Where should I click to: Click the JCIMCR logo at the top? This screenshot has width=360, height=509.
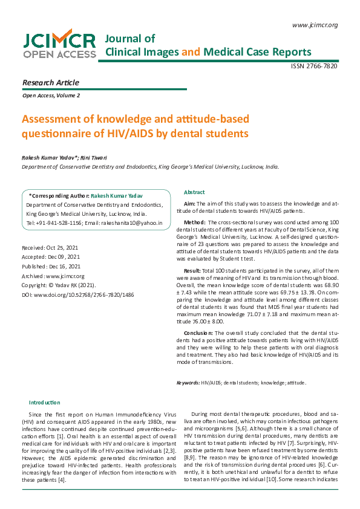click(59, 45)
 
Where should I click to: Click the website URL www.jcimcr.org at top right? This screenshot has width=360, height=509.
click(314, 25)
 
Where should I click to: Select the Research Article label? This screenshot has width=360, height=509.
click(50, 82)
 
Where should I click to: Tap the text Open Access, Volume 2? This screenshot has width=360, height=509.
click(51, 96)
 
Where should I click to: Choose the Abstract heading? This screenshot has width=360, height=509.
click(194, 192)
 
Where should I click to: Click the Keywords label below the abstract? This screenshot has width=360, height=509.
click(188, 383)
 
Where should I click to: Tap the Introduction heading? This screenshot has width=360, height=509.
click(45, 403)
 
